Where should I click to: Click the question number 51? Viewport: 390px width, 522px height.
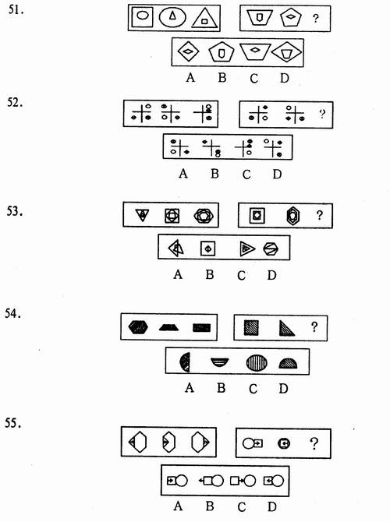(16, 9)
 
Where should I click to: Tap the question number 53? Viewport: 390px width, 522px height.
(15, 211)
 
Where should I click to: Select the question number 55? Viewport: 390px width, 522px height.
(14, 423)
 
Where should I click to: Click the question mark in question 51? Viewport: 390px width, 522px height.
(315, 19)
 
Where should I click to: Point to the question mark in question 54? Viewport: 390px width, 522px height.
(314, 327)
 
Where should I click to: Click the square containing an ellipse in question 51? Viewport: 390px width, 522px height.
(142, 17)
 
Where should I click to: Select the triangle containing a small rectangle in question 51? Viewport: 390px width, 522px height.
(204, 19)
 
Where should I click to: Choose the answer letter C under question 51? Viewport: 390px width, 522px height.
(253, 79)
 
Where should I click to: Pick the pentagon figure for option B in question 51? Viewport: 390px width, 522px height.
(222, 52)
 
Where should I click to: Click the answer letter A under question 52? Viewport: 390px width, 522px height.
(183, 174)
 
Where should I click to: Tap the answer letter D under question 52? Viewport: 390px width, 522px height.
(277, 174)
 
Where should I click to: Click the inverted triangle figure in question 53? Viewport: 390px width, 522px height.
(142, 215)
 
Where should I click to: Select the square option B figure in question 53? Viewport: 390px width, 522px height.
(207, 249)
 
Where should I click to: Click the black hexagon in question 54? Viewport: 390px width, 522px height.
(138, 327)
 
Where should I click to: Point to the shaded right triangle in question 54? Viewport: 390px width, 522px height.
(286, 328)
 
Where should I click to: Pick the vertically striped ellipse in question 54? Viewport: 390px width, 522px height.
(257, 362)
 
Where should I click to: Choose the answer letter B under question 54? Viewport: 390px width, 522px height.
(221, 388)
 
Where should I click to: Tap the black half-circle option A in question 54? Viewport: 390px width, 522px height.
(185, 362)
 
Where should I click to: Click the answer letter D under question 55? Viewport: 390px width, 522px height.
(272, 506)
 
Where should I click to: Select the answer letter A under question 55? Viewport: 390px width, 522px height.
(178, 506)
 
